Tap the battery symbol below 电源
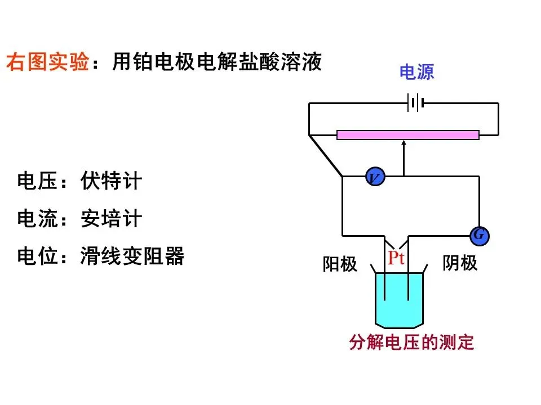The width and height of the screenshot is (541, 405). (x=416, y=103)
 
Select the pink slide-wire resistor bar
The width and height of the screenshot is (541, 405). (x=407, y=134)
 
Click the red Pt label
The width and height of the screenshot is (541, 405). (x=396, y=258)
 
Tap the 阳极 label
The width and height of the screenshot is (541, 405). (x=340, y=264)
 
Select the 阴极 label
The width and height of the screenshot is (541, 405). (x=460, y=263)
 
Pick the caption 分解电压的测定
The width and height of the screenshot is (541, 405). (x=411, y=343)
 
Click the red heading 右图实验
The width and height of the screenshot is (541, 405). (x=47, y=62)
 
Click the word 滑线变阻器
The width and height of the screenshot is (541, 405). (x=132, y=256)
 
